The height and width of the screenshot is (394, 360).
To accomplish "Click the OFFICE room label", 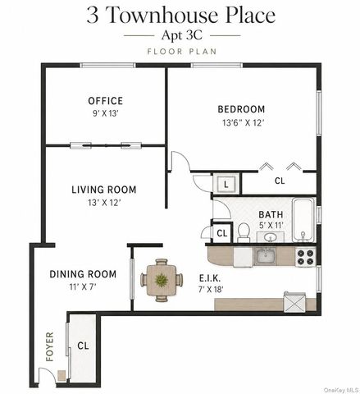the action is tap(105, 101).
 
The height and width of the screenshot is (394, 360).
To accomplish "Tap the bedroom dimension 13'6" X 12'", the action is tap(243, 122).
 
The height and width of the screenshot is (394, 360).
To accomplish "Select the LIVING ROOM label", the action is tap(104, 190).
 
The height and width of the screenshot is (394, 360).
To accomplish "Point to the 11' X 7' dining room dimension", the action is tap(83, 286).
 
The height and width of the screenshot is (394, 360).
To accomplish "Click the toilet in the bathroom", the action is tap(244, 233).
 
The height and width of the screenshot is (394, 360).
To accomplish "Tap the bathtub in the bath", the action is tap(303, 220).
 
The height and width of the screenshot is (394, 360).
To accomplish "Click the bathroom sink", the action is tap(271, 237).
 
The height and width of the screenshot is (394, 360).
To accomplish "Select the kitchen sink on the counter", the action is tap(265, 256).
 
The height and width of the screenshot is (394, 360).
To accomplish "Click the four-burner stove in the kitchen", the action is tap(305, 257).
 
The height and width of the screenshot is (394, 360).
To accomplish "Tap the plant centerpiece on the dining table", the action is tap(162, 280).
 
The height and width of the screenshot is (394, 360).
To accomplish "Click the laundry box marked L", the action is tap(226, 185).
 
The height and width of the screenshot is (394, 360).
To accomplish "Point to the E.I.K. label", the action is tap(210, 278).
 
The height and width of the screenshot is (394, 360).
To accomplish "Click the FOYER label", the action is tap(49, 346).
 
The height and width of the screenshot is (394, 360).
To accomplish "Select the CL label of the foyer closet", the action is tap(83, 346).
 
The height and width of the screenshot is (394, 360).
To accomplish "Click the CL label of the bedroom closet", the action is tap(280, 181).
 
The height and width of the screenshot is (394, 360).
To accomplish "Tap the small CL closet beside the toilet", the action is tap(222, 233).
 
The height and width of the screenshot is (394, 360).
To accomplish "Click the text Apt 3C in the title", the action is tap(182, 35).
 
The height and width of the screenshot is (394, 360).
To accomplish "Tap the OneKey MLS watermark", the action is tap(341, 390).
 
